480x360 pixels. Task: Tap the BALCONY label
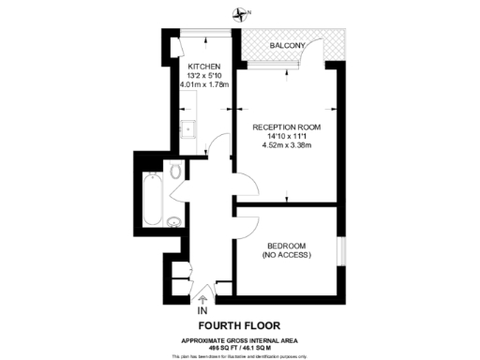point(286,45)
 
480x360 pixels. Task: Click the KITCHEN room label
point(203,66)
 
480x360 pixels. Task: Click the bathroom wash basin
point(174,222)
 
